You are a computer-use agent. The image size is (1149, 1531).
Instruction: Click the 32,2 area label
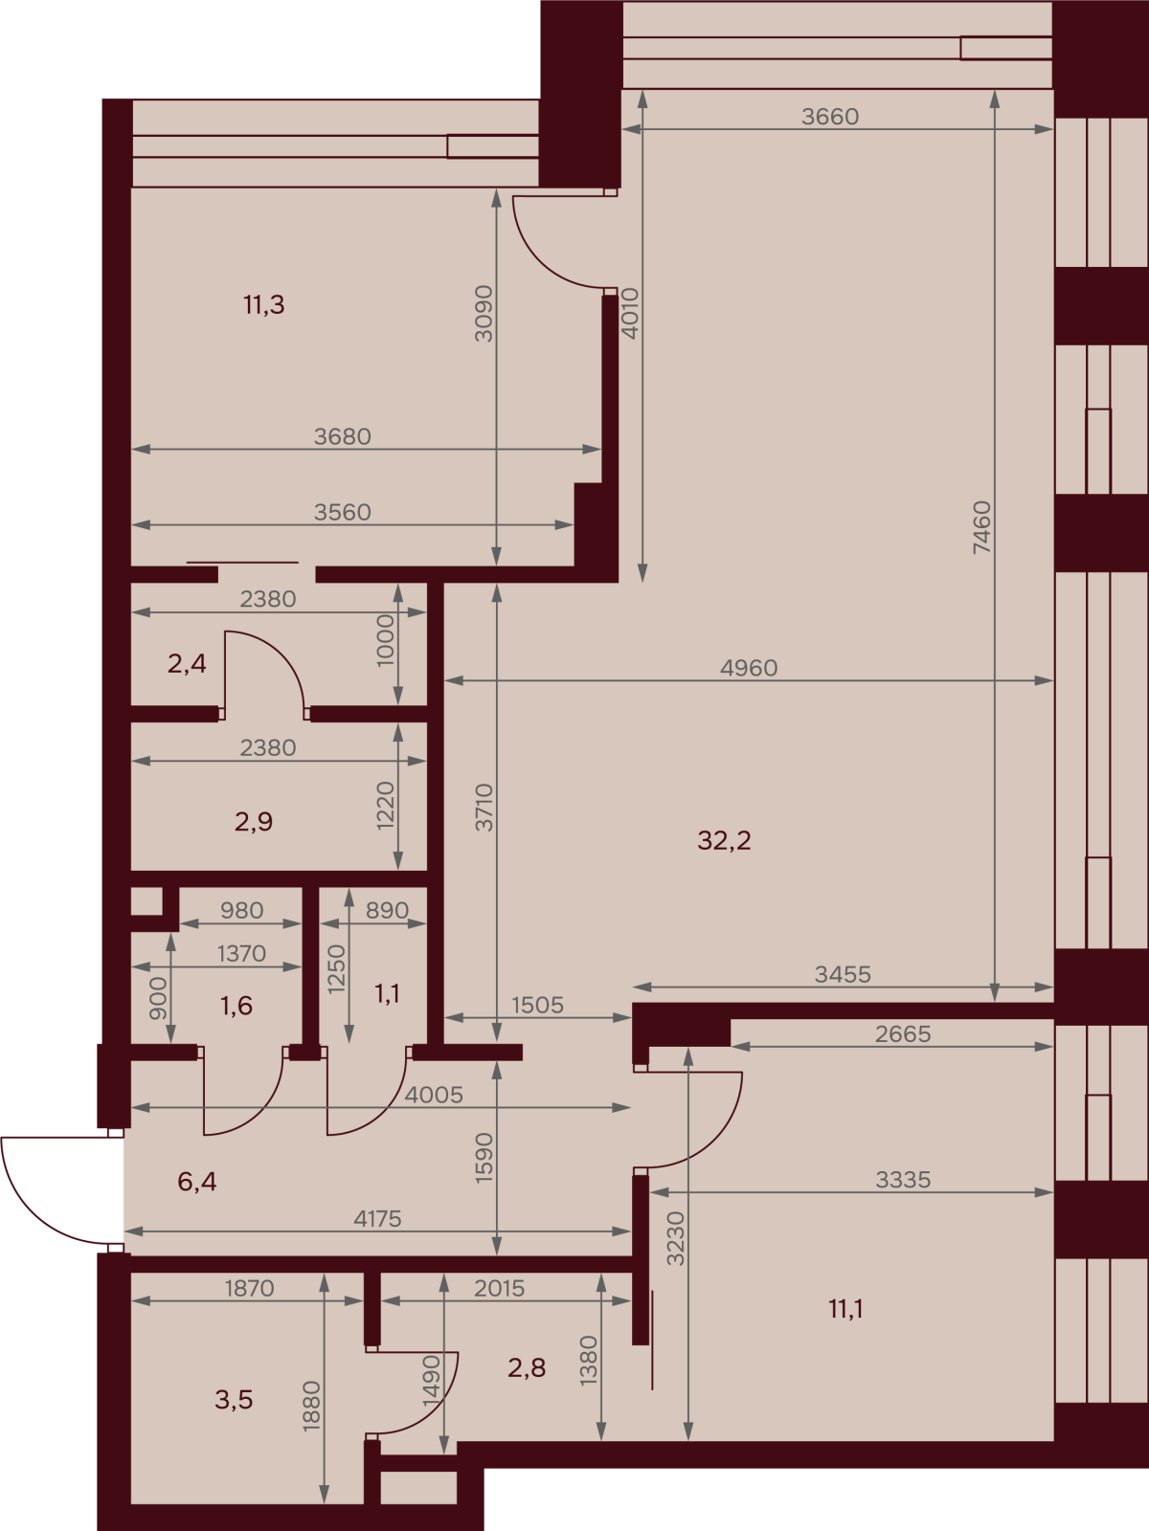[724, 840]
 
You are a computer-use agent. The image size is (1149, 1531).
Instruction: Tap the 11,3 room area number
[263, 305]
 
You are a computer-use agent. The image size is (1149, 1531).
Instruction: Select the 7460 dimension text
[981, 527]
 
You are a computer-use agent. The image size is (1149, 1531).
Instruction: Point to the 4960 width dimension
[749, 668]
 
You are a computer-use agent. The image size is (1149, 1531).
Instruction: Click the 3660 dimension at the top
[829, 117]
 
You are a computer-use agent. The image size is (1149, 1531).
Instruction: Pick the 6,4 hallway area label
[196, 1182]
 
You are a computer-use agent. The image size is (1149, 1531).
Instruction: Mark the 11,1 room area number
[845, 1309]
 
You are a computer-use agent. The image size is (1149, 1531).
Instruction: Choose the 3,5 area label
[234, 1399]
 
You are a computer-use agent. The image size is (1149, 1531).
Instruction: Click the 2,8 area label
[527, 1367]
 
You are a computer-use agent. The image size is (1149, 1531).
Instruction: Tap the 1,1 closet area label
[387, 994]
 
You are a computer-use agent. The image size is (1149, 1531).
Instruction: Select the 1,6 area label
[236, 1005]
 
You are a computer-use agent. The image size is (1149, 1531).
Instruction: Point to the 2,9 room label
[253, 822]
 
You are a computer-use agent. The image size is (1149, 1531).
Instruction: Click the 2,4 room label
[187, 663]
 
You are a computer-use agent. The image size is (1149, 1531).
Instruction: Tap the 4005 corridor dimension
[433, 1095]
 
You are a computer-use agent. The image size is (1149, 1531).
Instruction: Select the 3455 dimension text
[843, 974]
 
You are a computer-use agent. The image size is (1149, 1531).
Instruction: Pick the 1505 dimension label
[537, 1005]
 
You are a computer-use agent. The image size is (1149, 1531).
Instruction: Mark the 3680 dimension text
[342, 436]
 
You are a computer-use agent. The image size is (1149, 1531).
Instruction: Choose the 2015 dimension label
[499, 1288]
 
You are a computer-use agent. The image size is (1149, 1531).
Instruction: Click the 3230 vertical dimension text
[676, 1238]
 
